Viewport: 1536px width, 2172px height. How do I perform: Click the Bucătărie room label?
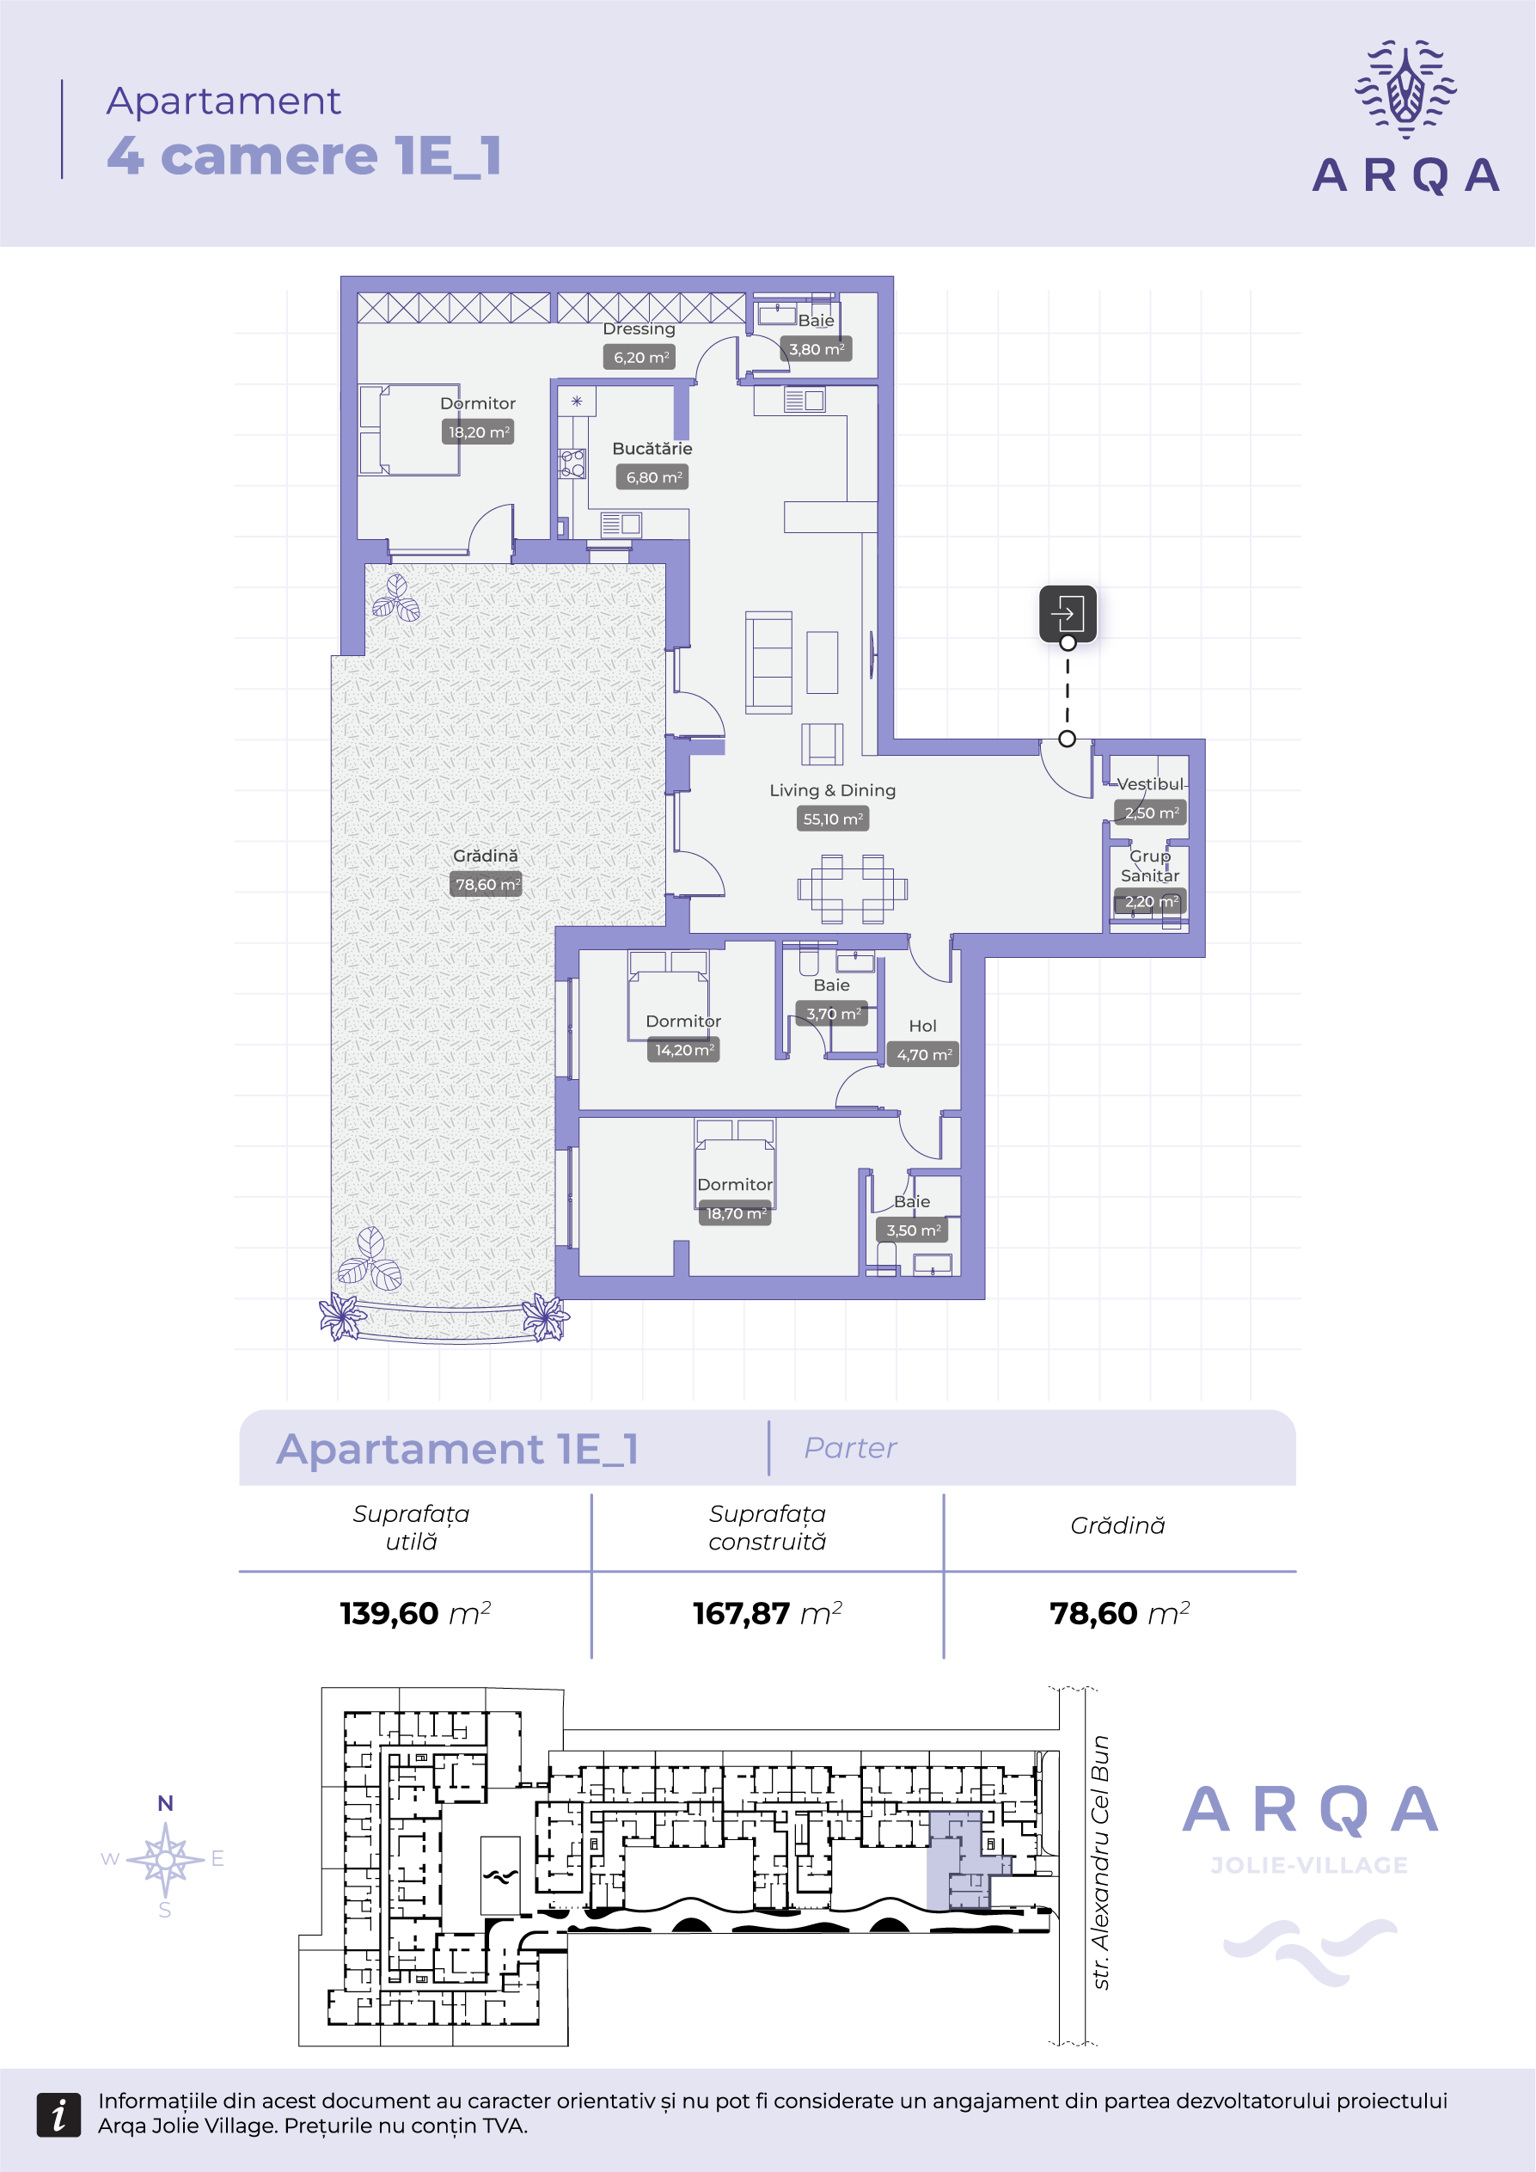coord(652,448)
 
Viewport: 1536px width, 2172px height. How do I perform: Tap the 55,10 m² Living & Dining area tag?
coord(832,819)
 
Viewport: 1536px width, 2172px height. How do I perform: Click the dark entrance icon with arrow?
coord(1068,613)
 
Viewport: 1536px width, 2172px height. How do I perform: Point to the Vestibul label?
coord(1150,784)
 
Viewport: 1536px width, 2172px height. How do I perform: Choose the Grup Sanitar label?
coord(1150,866)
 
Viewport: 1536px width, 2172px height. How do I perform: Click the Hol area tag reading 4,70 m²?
coord(923,1055)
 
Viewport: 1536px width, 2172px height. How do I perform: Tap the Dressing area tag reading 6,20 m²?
coord(640,358)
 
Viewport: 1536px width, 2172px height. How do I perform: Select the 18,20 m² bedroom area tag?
coord(479,433)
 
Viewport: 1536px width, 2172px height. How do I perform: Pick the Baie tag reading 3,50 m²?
coord(913,1230)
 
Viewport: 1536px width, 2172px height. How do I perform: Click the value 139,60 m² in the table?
coord(415,1613)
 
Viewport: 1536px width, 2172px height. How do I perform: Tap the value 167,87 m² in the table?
coord(767,1613)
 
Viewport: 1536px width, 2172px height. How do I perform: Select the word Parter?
coord(850,1448)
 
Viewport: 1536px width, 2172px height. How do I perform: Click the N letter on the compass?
coord(166,1803)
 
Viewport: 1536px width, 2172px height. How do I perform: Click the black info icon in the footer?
coord(58,2114)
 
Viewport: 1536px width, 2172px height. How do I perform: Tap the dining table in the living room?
coord(852,889)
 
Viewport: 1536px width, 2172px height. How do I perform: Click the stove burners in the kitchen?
coord(572,463)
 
